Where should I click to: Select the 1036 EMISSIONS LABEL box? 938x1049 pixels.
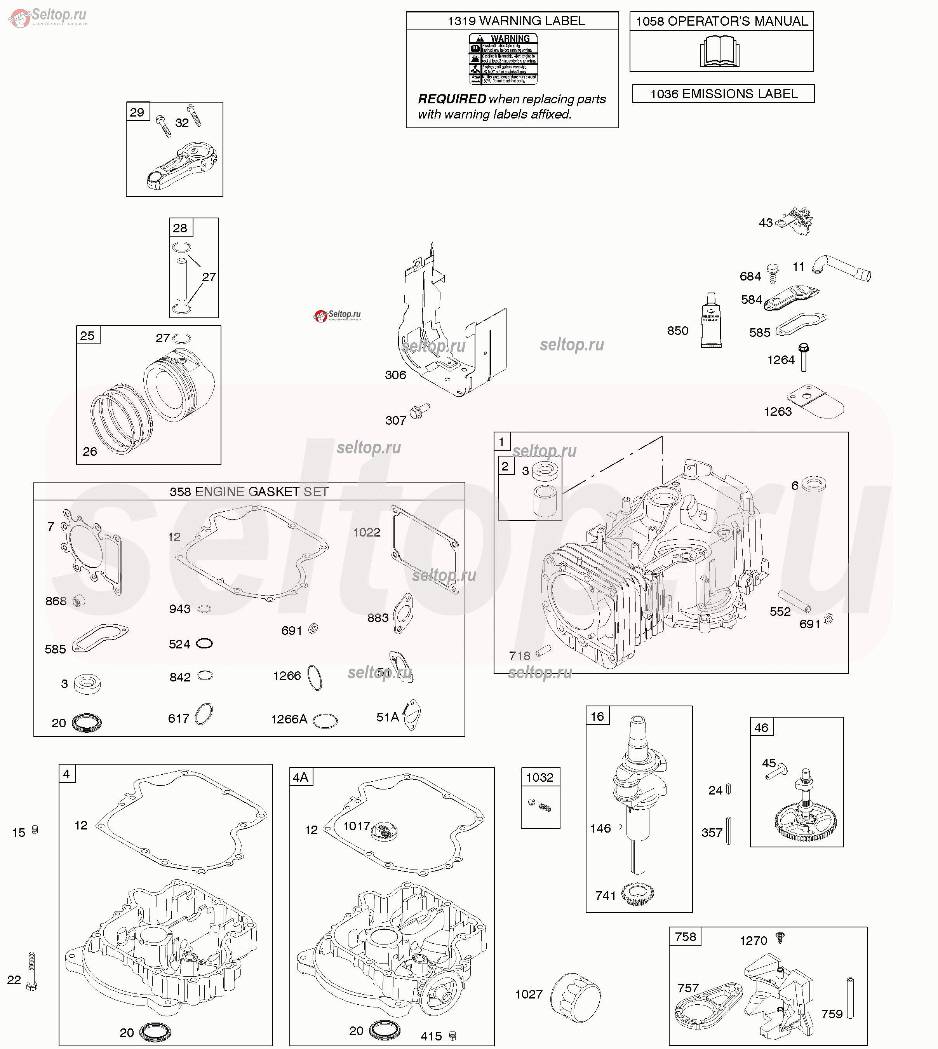pyautogui.click(x=723, y=94)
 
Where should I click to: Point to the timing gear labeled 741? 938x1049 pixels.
pyautogui.click(x=637, y=894)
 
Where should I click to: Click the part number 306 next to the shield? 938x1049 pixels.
pyautogui.click(x=395, y=375)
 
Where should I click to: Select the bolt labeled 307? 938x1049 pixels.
pyautogui.click(x=419, y=411)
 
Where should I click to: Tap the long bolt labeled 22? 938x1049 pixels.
pyautogui.click(x=31, y=972)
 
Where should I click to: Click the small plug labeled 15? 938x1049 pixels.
pyautogui.click(x=35, y=830)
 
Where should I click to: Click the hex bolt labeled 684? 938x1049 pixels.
pyautogui.click(x=772, y=273)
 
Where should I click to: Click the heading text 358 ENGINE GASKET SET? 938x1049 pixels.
pyautogui.click(x=249, y=492)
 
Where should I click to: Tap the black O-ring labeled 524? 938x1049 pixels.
pyautogui.click(x=204, y=643)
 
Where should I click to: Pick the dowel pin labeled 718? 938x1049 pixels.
pyautogui.click(x=544, y=652)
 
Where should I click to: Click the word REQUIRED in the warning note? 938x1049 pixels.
pyautogui.click(x=451, y=99)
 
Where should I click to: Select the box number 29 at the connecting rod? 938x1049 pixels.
pyautogui.click(x=137, y=112)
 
